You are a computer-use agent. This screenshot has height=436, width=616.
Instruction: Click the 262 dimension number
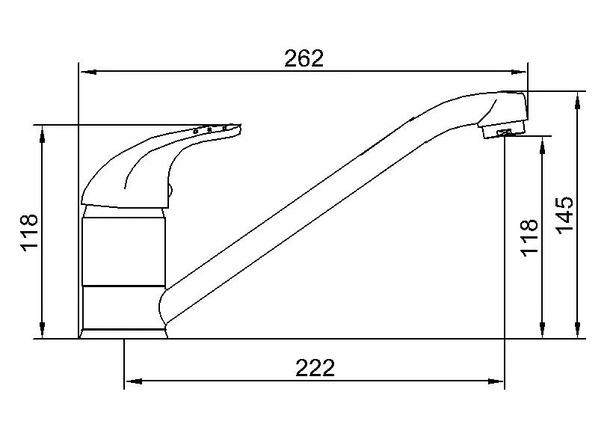click(304, 58)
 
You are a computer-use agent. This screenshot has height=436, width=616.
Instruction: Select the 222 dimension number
click(315, 367)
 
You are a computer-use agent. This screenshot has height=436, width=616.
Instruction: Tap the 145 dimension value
click(565, 215)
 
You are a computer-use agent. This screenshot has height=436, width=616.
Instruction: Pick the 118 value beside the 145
click(529, 238)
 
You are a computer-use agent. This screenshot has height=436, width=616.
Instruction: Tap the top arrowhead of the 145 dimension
click(577, 98)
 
